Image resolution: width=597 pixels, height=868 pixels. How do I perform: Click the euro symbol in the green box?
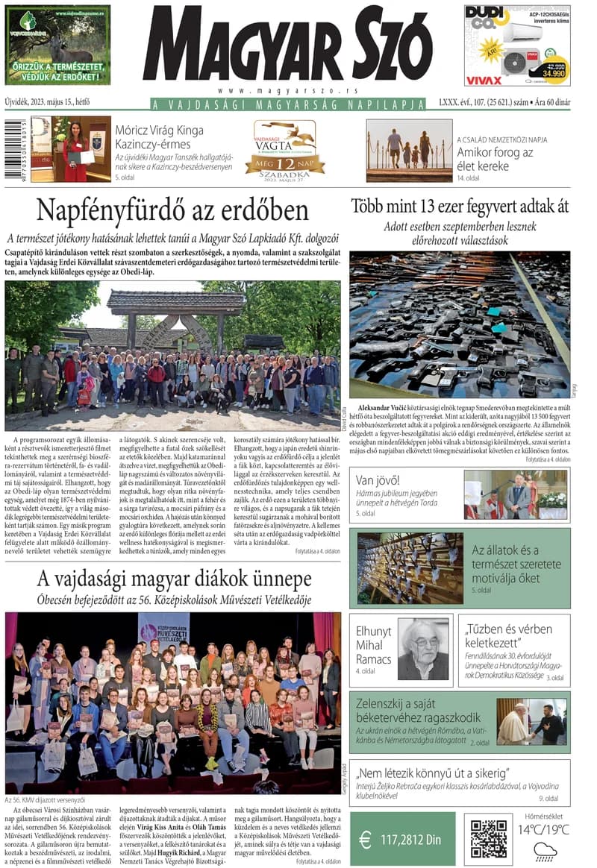tap(365, 840)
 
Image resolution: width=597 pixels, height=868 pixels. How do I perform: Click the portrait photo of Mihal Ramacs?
tap(423, 648)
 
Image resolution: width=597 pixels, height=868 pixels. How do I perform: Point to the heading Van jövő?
tap(378, 479)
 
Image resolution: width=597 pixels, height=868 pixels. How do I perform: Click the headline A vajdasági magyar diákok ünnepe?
tap(175, 579)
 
